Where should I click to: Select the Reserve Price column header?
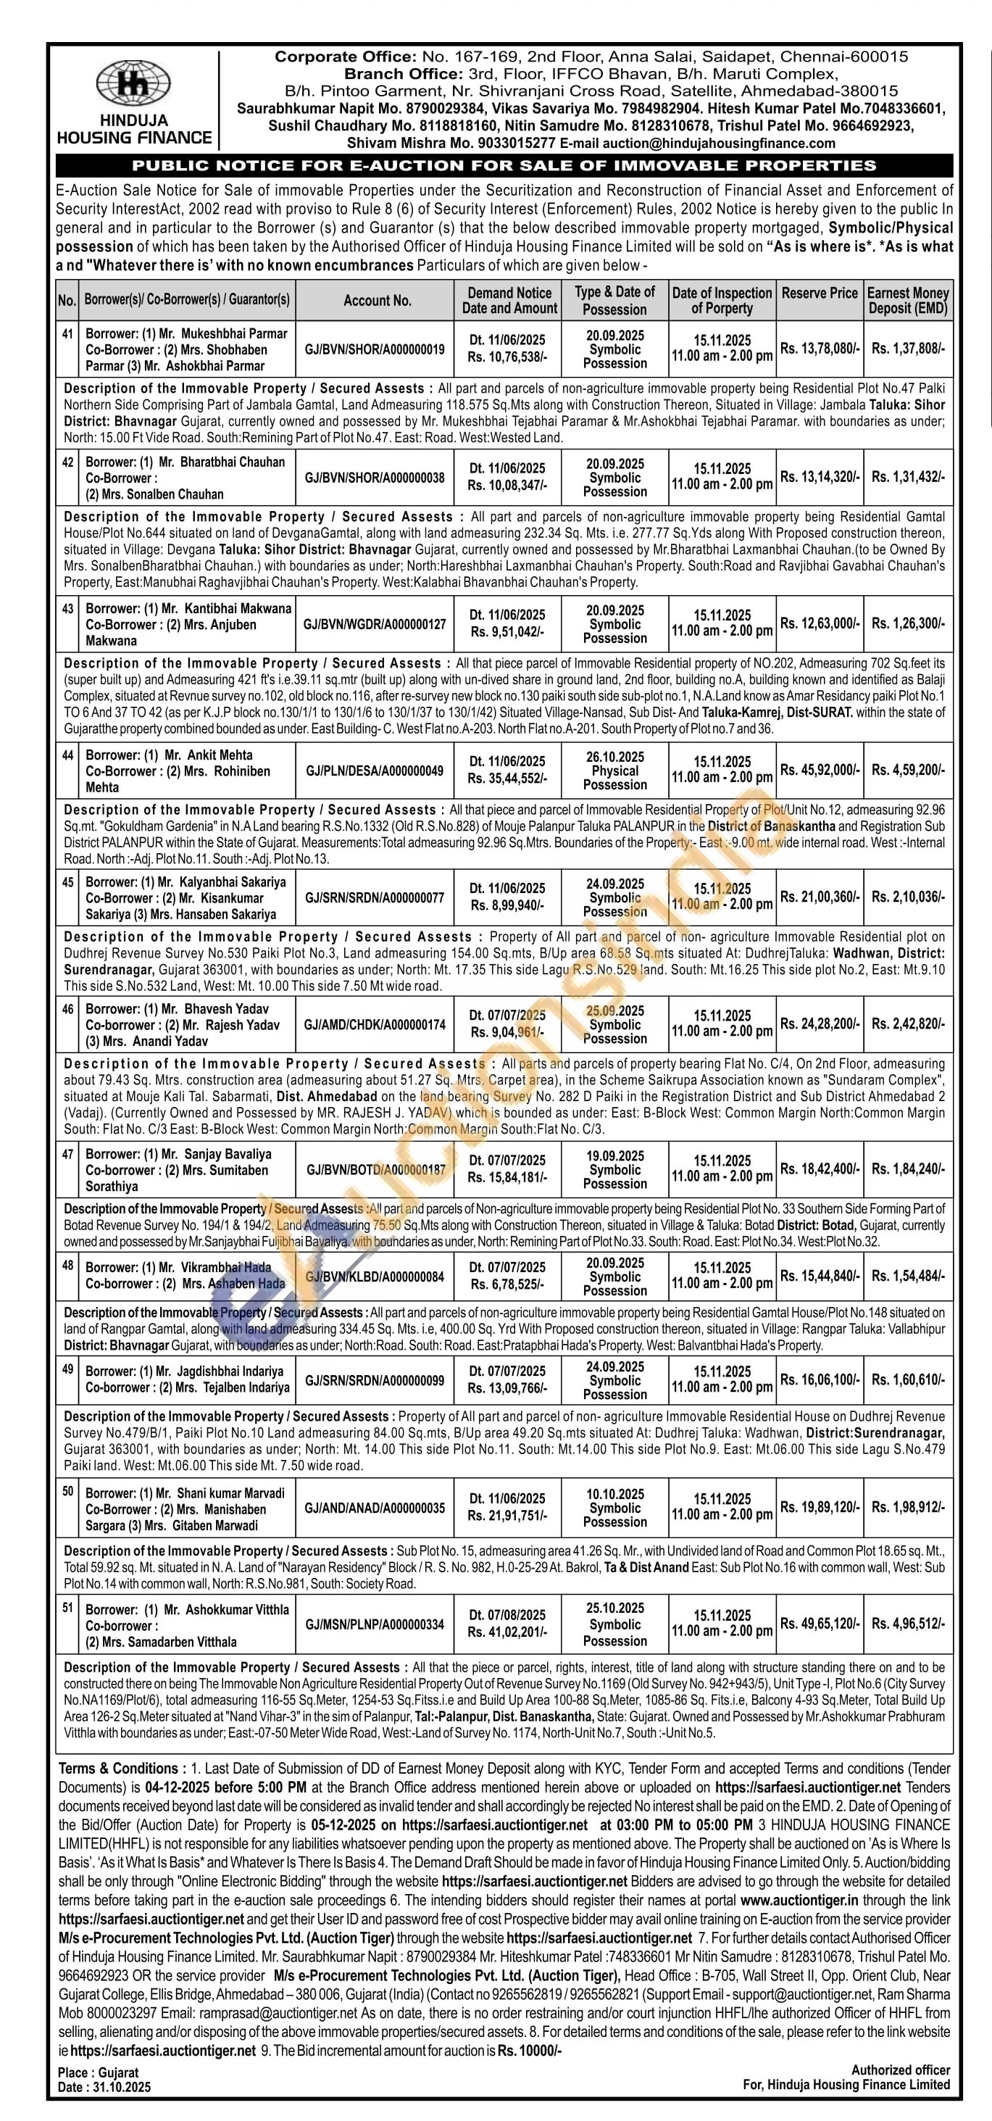pyautogui.click(x=819, y=293)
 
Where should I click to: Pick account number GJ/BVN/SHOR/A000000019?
pyautogui.click(x=375, y=349)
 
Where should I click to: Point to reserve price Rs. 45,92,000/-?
pyautogui.click(x=819, y=771)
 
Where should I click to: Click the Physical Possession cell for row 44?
pyautogui.click(x=615, y=771)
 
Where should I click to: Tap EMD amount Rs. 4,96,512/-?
pyautogui.click(x=908, y=1624)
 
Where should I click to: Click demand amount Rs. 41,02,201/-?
pyautogui.click(x=508, y=1632)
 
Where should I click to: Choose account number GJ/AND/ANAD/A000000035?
pyautogui.click(x=375, y=1508)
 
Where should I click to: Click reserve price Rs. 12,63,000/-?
pyautogui.click(x=819, y=624)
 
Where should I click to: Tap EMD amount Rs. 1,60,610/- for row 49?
pyautogui.click(x=908, y=1380)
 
